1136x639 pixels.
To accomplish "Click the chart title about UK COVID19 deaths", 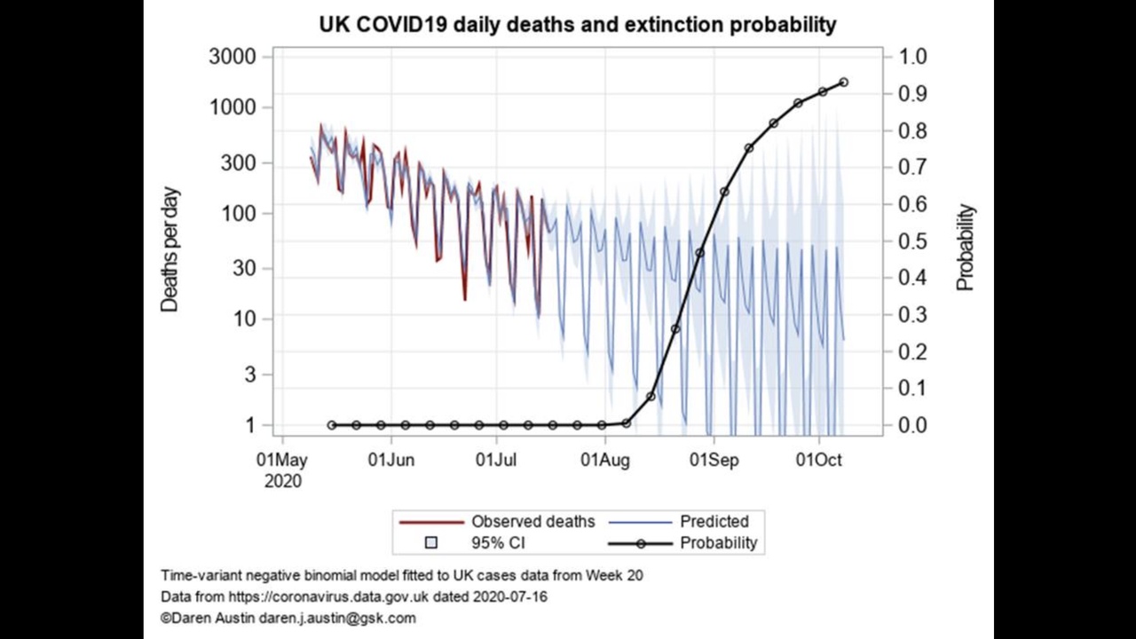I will point(577,25).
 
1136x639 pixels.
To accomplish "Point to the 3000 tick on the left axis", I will point(232,57).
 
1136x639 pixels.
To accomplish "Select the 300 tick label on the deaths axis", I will point(239,163).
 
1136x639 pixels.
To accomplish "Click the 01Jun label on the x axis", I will point(390,460).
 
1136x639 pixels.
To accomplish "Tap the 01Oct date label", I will point(818,460).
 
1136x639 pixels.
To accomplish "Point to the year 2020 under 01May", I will point(282,482).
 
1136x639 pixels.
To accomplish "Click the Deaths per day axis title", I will point(170,249).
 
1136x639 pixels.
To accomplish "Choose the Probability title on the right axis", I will point(966,248).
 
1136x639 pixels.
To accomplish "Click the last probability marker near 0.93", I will point(843,82).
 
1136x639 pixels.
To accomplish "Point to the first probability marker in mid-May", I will point(332,425).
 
